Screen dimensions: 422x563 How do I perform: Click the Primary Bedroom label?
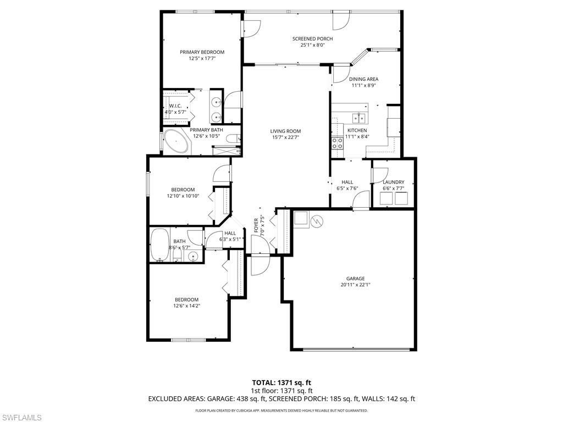(x=202, y=52)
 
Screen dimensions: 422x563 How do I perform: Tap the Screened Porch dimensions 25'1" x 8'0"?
(x=312, y=46)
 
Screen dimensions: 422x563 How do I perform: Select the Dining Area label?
(x=364, y=79)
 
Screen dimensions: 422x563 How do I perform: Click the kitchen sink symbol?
(x=358, y=118)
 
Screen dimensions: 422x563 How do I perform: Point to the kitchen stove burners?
(x=336, y=143)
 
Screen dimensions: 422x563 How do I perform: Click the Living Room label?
(x=285, y=131)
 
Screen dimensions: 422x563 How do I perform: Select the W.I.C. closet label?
(x=175, y=105)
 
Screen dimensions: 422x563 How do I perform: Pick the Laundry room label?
(x=393, y=182)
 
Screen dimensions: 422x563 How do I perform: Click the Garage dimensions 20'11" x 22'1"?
(x=355, y=285)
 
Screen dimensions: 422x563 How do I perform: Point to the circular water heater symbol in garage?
(x=317, y=221)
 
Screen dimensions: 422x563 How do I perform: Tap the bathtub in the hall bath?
(x=161, y=243)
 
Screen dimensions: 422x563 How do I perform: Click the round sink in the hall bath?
(x=193, y=257)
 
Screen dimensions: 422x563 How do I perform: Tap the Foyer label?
(x=256, y=225)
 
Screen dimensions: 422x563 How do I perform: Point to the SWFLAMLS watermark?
(x=21, y=418)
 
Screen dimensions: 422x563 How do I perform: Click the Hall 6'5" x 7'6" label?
(x=347, y=182)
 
